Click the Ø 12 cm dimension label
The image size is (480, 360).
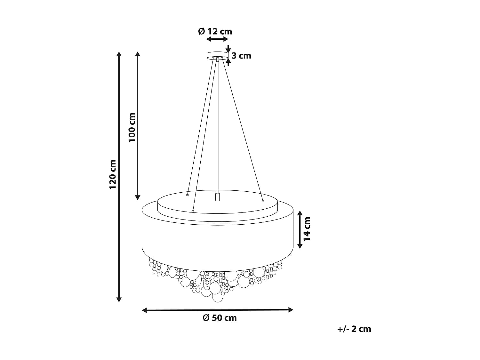[215, 31]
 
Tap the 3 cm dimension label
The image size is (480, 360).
[241, 56]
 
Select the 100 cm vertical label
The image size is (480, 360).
[132, 127]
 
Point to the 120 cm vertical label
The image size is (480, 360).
[113, 174]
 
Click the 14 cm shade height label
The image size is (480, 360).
[307, 229]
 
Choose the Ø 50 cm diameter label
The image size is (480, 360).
[220, 318]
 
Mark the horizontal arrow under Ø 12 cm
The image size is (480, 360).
[217, 39]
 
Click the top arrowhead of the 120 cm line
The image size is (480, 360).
[119, 54]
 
